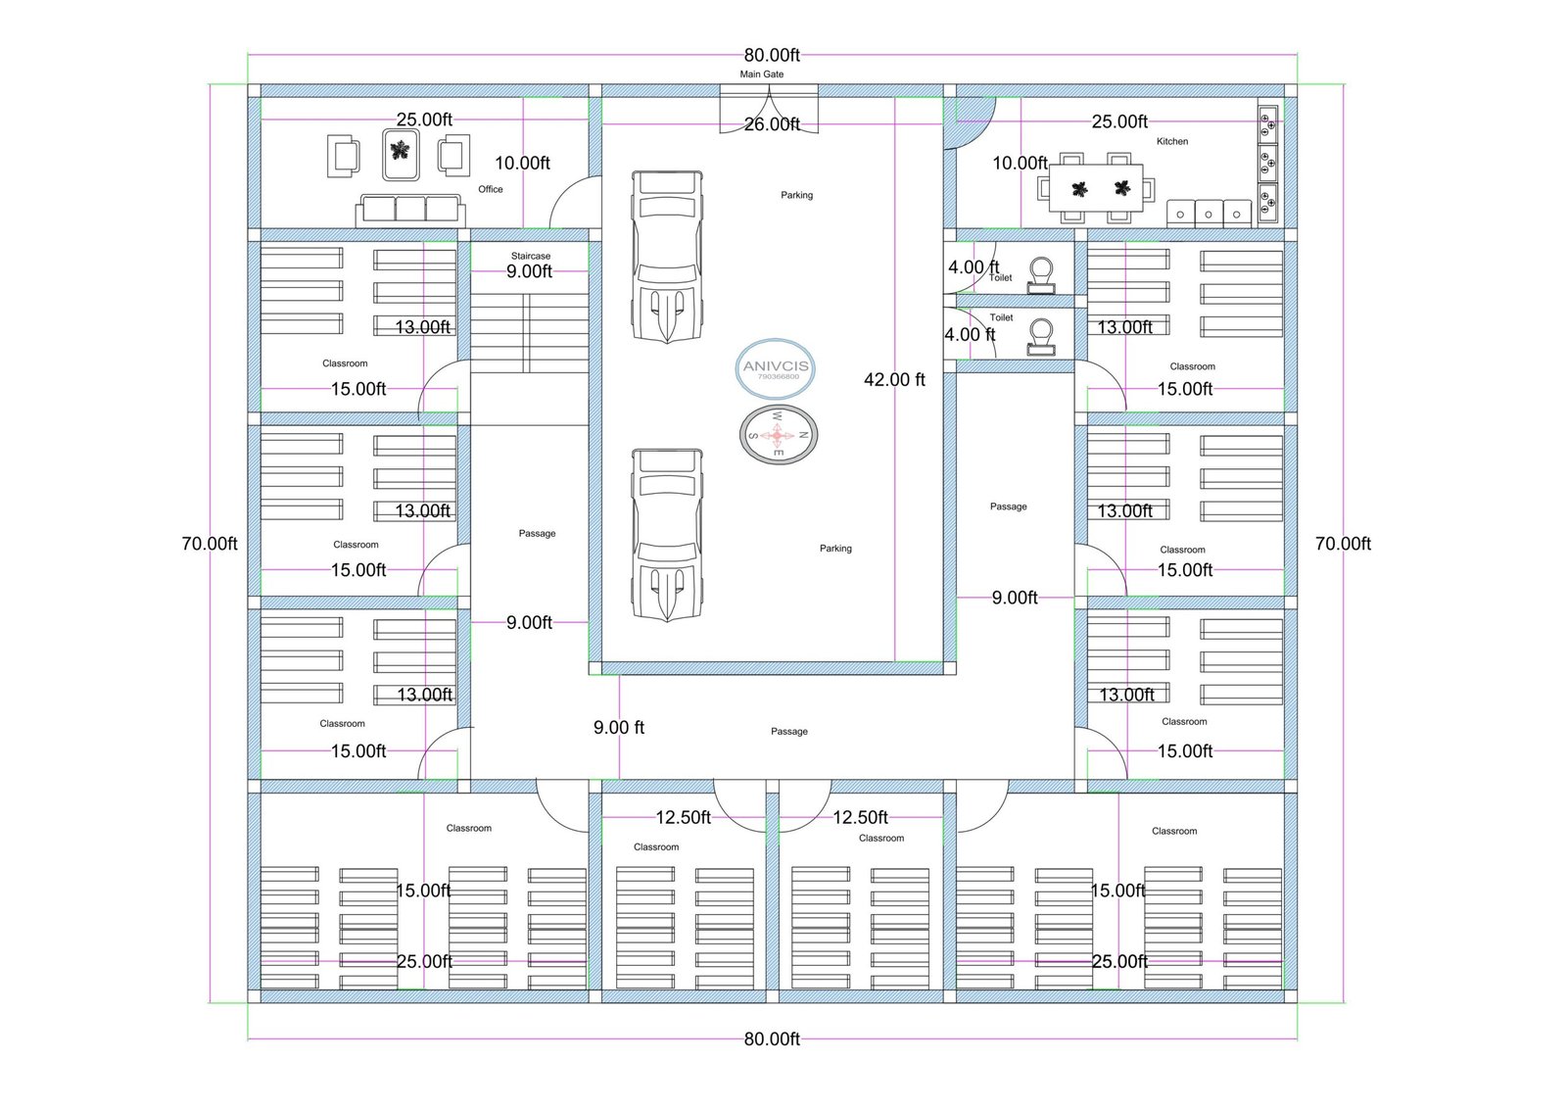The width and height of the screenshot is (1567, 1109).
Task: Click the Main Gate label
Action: pyautogui.click(x=761, y=74)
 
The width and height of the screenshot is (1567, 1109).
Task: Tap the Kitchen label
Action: pyautogui.click(x=1171, y=141)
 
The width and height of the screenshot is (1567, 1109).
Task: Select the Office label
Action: pyautogui.click(x=491, y=189)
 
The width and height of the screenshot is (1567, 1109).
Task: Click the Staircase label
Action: pyautogui.click(x=530, y=256)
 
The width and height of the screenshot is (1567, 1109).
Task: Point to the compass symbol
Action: pyautogui.click(x=778, y=435)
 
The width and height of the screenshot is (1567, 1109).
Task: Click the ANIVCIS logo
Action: pyautogui.click(x=776, y=368)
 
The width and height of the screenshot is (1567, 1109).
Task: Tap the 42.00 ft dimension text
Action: pyautogui.click(x=894, y=380)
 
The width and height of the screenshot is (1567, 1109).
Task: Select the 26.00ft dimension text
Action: pyautogui.click(x=772, y=124)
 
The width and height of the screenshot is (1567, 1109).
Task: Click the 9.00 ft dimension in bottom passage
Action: pyautogui.click(x=618, y=728)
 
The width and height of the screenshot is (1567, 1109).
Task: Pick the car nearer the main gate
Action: pyautogui.click(x=667, y=257)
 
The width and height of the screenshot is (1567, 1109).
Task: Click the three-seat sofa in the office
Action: pyautogui.click(x=410, y=210)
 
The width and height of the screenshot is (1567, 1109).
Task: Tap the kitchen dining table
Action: pyautogui.click(x=1096, y=187)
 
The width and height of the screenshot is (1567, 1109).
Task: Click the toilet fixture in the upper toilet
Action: pyautogui.click(x=1041, y=275)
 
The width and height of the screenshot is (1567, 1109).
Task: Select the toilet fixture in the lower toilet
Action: pyautogui.click(x=1041, y=337)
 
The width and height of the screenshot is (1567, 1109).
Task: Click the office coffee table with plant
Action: pyautogui.click(x=401, y=154)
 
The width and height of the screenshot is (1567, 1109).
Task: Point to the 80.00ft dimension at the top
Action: pyautogui.click(x=772, y=55)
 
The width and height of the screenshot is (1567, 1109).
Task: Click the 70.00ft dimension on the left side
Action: pyautogui.click(x=210, y=544)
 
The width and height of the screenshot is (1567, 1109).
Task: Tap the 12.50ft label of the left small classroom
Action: pyautogui.click(x=683, y=817)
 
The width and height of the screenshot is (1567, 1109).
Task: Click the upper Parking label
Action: pyautogui.click(x=797, y=195)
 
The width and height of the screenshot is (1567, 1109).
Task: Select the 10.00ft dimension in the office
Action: pyautogui.click(x=523, y=163)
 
